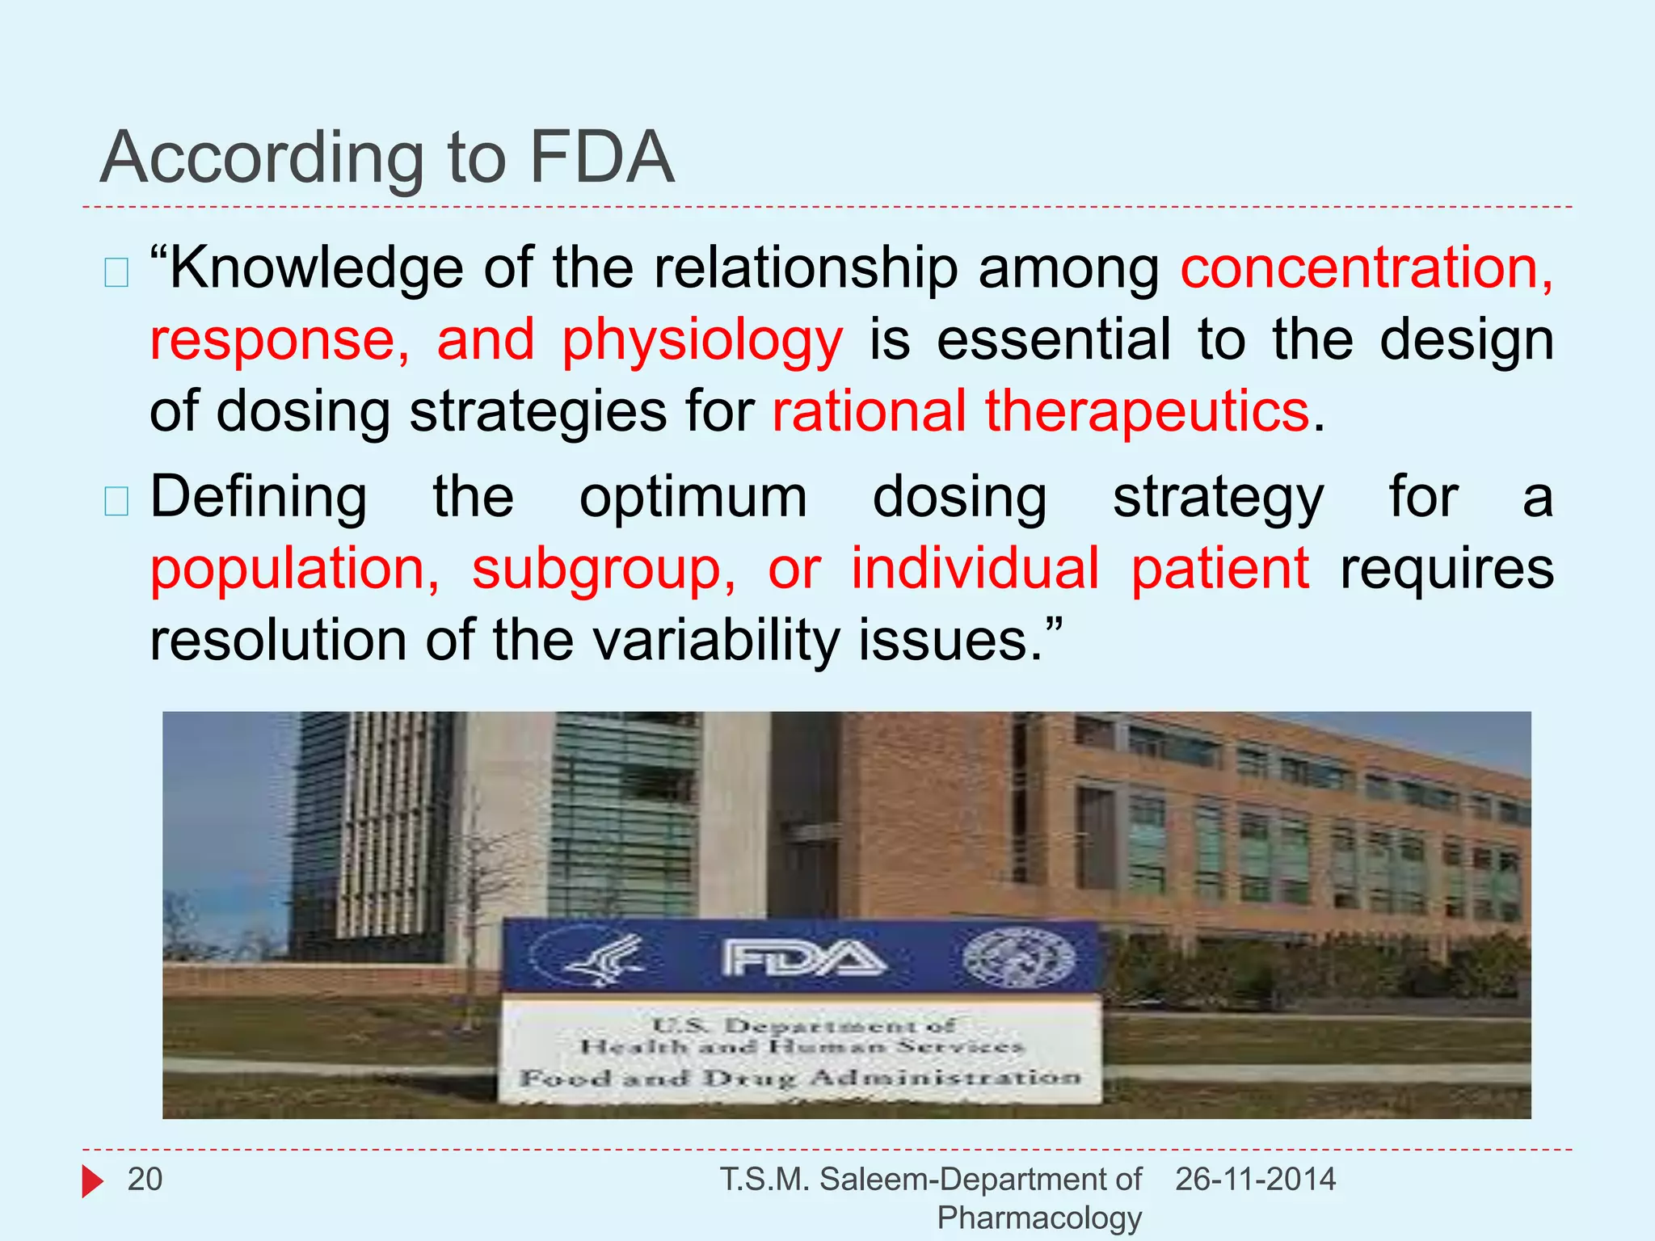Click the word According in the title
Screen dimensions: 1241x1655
pyautogui.click(x=263, y=158)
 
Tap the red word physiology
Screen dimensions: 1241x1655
pyautogui.click(x=702, y=341)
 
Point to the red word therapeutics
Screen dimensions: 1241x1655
pyautogui.click(x=1147, y=411)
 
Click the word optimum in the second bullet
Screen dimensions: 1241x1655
pyautogui.click(x=693, y=497)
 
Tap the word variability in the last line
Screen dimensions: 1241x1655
pyautogui.click(x=717, y=641)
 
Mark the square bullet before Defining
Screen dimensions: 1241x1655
pyautogui.click(x=116, y=502)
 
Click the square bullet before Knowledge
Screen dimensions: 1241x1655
pyautogui.click(x=116, y=273)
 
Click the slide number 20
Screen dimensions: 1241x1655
pyautogui.click(x=145, y=1180)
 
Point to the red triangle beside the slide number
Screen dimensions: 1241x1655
pyautogui.click(x=92, y=1181)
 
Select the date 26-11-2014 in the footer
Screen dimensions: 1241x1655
pyautogui.click(x=1255, y=1180)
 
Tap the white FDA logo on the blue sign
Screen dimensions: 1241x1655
pyautogui.click(x=803, y=958)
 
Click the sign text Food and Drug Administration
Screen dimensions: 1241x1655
pyautogui.click(x=800, y=1078)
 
